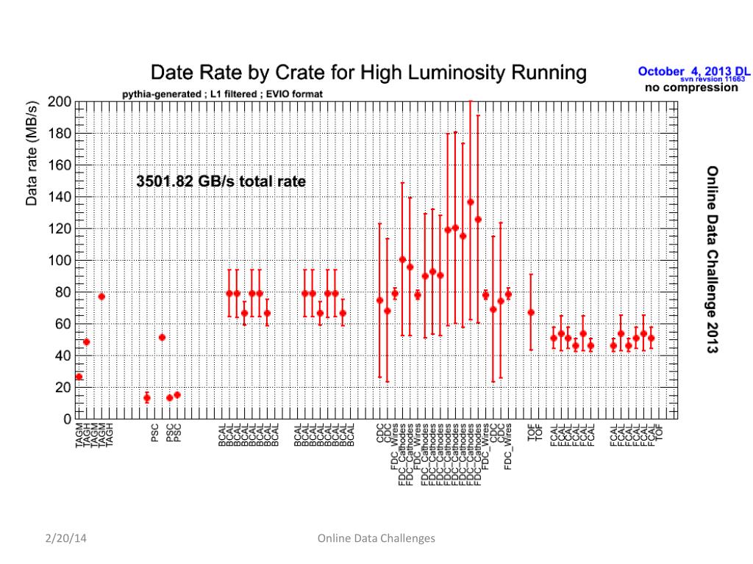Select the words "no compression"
(690, 87)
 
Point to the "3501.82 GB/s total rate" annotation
(221, 181)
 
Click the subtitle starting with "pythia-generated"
(221, 94)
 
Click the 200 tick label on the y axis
(60, 102)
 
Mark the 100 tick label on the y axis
(60, 261)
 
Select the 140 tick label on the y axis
(60, 197)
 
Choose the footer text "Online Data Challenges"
(376, 538)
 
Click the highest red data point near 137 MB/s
(471, 202)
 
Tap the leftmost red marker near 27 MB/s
(79, 377)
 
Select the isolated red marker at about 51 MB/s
(162, 338)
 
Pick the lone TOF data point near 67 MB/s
(531, 312)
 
